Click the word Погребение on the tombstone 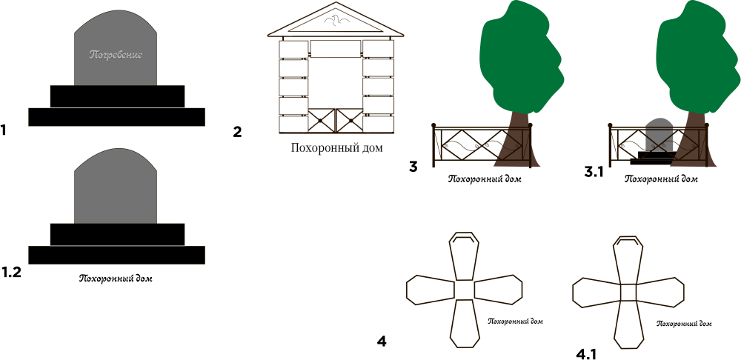coord(116,54)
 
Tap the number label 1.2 coord(11,273)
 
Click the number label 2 coord(237,133)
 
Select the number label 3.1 coord(594,173)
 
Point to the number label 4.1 coord(586,354)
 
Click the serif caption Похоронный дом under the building coord(336,148)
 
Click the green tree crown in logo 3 coord(521,57)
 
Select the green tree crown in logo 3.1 coord(697,57)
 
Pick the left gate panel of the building coord(322,120)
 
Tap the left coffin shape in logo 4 coord(431,289)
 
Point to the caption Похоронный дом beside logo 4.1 coord(684,324)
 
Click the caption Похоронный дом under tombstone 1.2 coord(116,279)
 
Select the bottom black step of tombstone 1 coord(117,117)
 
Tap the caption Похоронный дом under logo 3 coord(485,179)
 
